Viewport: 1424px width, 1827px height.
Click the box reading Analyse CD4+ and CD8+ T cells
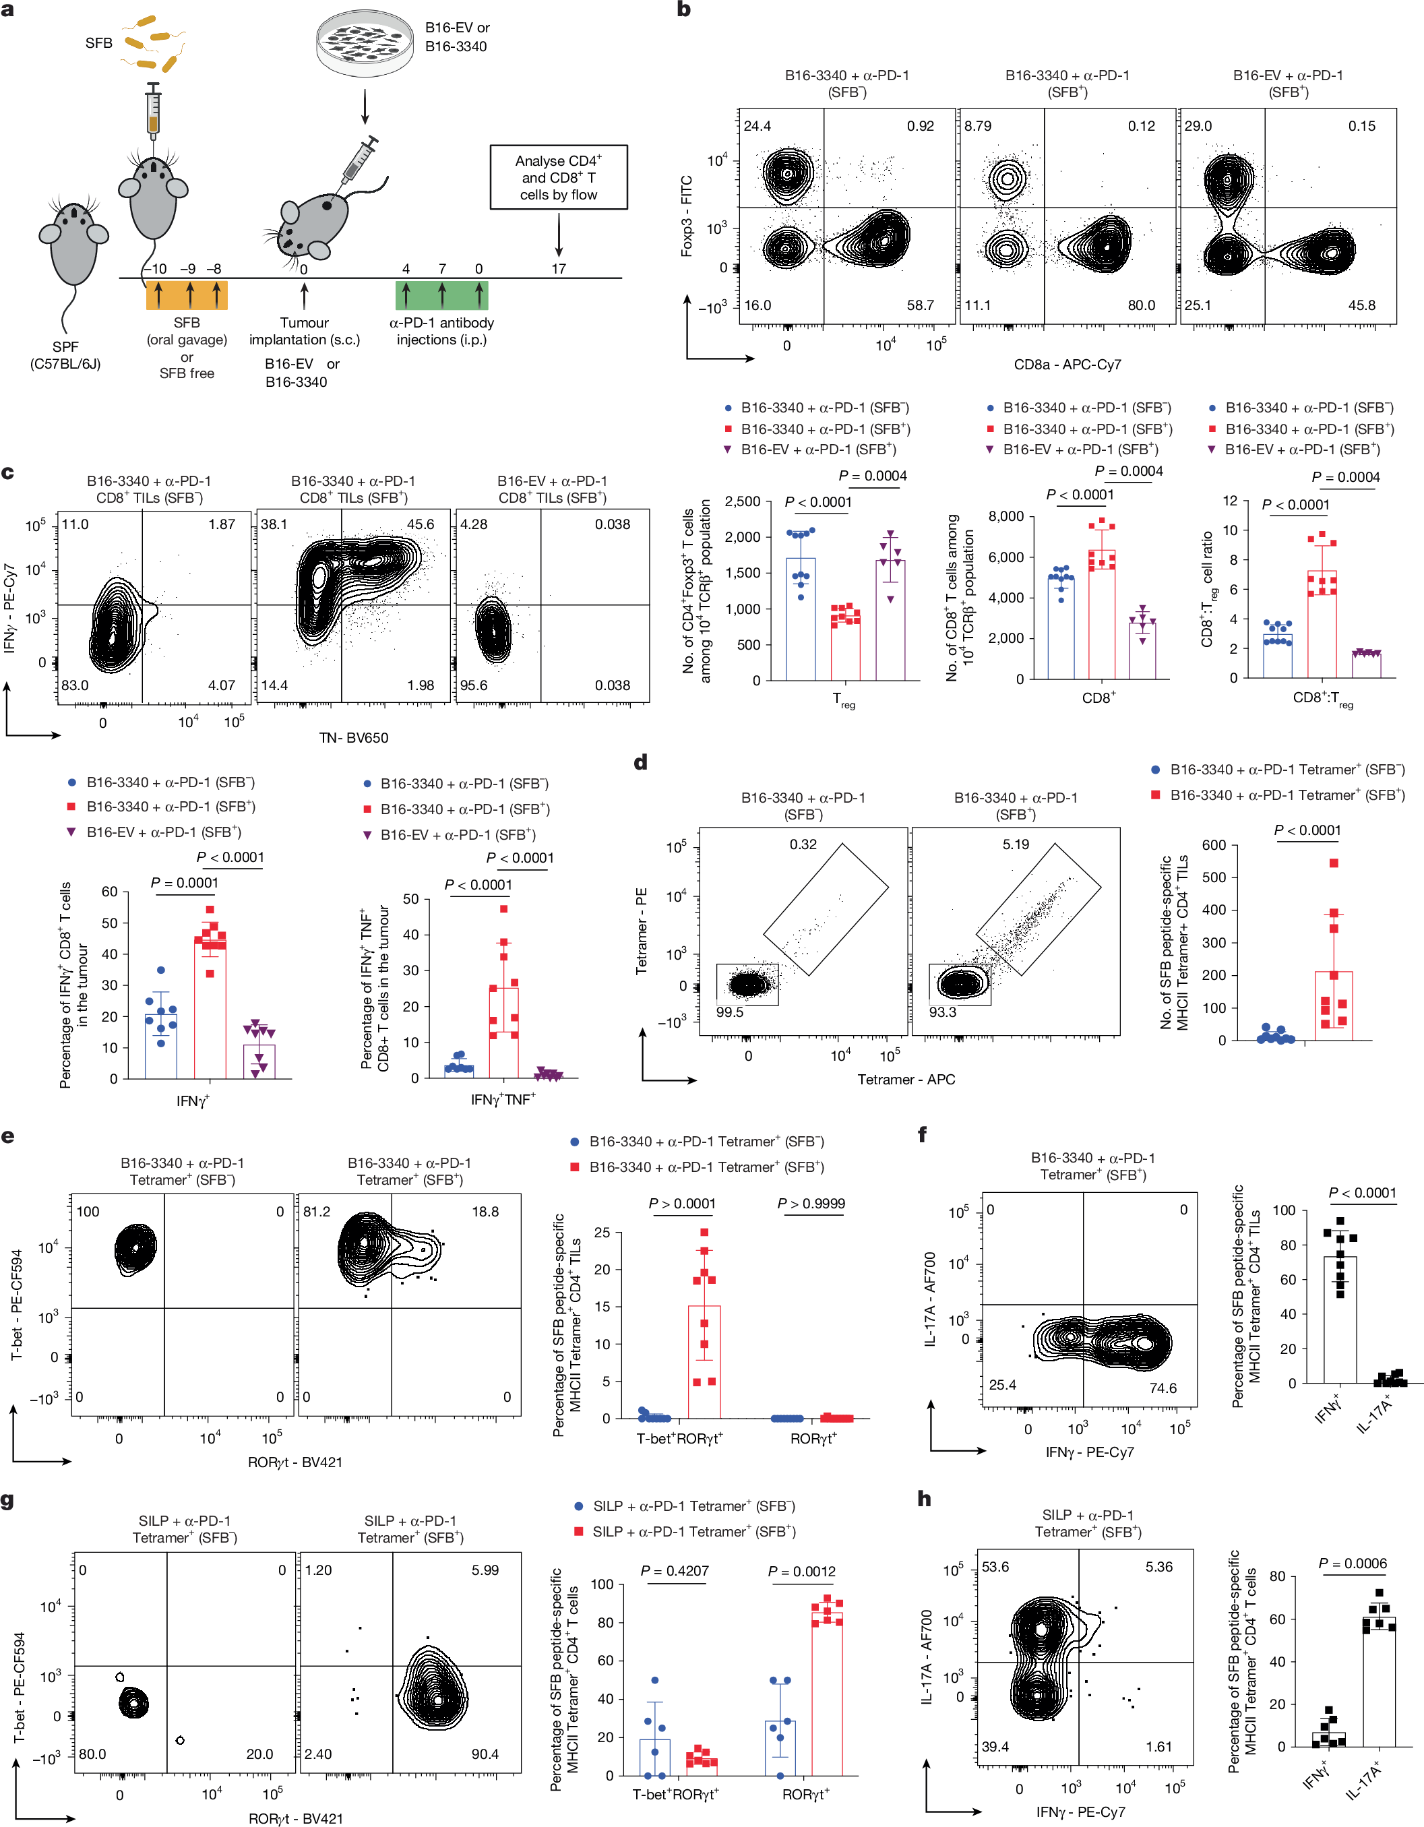tap(558, 177)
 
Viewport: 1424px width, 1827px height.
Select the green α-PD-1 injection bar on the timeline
tap(442, 295)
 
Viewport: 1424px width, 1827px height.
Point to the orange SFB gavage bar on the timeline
tap(187, 295)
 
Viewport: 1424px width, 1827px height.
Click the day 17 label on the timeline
tap(558, 268)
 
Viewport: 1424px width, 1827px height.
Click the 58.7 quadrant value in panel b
tap(921, 305)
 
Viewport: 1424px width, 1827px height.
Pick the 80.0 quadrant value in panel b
tap(1141, 305)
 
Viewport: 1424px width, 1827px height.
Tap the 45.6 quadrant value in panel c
tap(420, 524)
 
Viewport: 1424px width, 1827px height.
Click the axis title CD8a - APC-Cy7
tap(1067, 365)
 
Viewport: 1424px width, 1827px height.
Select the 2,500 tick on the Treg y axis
tap(742, 502)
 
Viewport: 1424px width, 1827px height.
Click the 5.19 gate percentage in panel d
tap(1016, 844)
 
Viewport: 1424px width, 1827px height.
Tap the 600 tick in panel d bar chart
tap(1214, 845)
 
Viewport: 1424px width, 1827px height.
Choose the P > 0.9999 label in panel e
tap(811, 1203)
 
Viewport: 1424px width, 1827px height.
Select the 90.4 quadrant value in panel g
tap(485, 1754)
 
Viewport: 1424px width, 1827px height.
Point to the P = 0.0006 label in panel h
tap(1352, 1563)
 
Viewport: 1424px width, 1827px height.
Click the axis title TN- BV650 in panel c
tap(353, 738)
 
